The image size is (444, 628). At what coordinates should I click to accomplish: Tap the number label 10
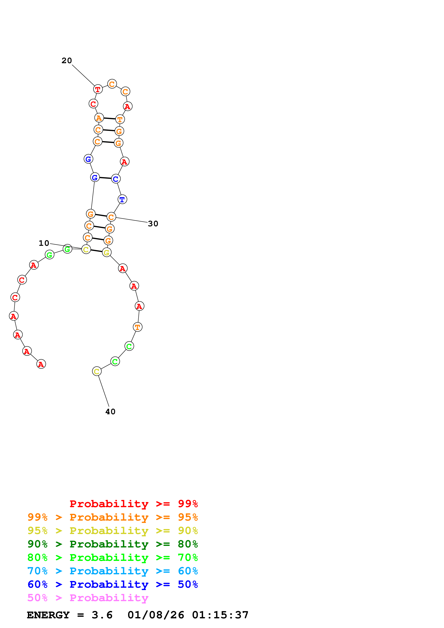click(x=44, y=243)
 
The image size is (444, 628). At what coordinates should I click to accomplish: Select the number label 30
click(x=153, y=224)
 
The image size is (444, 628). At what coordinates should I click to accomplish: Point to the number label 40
click(x=110, y=412)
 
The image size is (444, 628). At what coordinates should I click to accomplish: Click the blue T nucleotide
click(x=122, y=199)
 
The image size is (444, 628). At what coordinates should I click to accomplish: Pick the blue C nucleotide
click(x=116, y=179)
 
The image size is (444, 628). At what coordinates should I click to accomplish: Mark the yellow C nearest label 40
click(x=97, y=371)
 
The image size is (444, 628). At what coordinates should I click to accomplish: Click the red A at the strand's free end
click(x=41, y=364)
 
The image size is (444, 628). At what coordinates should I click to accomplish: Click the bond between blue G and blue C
click(x=105, y=178)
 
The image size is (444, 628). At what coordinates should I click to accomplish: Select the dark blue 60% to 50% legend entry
click(x=112, y=584)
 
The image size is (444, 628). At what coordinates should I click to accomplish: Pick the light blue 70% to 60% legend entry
click(x=112, y=571)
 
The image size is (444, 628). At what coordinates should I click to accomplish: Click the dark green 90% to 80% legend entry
click(x=112, y=544)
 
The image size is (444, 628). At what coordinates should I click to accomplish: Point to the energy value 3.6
click(x=102, y=615)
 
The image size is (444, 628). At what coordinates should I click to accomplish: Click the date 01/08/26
click(x=156, y=615)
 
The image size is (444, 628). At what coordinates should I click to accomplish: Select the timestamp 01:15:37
click(x=220, y=615)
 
